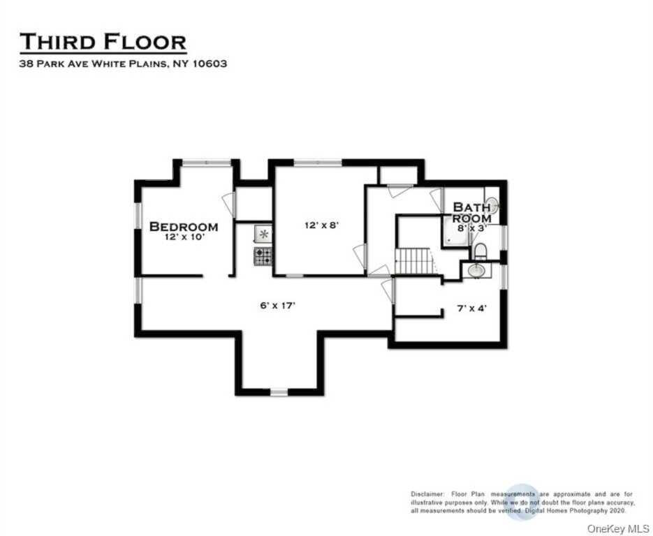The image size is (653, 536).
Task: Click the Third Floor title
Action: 103,42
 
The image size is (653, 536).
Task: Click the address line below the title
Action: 123,63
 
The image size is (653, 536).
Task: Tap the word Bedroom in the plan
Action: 184,227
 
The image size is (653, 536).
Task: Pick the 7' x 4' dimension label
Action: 473,308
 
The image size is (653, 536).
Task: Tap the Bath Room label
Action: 471,212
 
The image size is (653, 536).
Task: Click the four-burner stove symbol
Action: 263,255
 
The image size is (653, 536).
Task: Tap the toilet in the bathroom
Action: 480,250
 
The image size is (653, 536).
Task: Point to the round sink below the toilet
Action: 476,270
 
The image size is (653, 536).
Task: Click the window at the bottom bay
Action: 279,392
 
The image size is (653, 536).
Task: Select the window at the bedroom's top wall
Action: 206,163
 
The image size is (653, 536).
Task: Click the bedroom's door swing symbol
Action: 228,203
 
